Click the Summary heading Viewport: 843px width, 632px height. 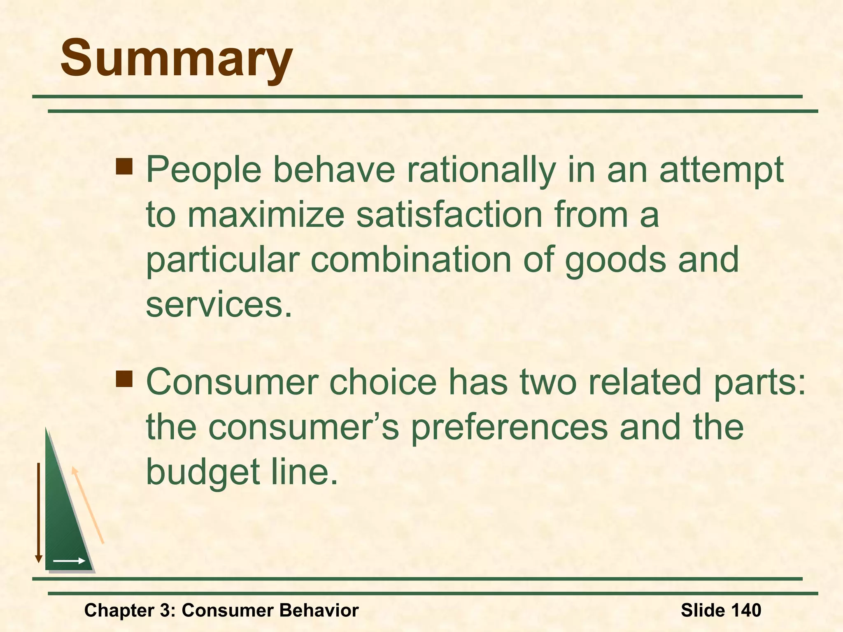click(x=176, y=58)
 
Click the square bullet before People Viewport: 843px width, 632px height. click(x=124, y=167)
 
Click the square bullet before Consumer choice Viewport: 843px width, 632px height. click(x=124, y=379)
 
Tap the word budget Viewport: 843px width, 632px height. click(x=203, y=472)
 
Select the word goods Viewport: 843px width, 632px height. click(x=615, y=260)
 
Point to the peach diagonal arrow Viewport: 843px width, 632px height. click(x=88, y=506)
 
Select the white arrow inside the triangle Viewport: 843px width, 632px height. click(x=69, y=561)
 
